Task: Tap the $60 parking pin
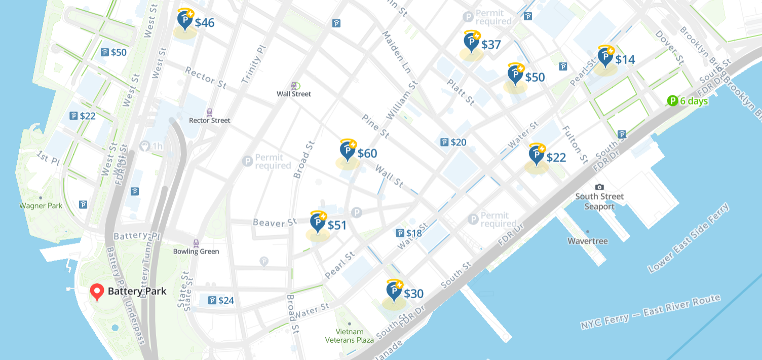(348, 151)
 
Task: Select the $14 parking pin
(605, 56)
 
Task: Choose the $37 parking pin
(472, 42)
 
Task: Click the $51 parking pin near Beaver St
(318, 222)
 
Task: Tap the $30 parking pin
(394, 291)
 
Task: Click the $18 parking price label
(409, 233)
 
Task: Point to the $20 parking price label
(453, 142)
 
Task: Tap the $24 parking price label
(221, 300)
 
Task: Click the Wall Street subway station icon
(294, 86)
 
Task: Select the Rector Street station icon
(209, 112)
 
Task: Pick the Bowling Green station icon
(196, 243)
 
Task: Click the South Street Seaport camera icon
(599, 187)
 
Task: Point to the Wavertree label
(587, 241)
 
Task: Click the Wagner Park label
(41, 205)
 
